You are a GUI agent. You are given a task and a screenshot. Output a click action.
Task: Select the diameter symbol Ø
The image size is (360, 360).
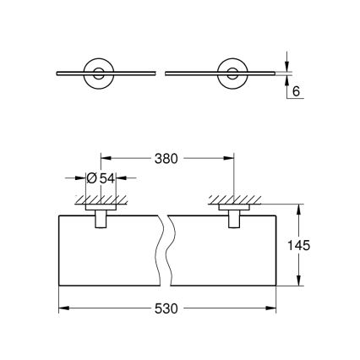pos(91,178)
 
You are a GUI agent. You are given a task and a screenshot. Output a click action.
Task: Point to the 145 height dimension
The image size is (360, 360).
pos(309,245)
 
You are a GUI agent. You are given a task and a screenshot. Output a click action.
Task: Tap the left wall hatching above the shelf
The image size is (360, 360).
pos(100,200)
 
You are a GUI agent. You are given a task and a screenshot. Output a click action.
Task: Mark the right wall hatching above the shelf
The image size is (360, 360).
pos(232,200)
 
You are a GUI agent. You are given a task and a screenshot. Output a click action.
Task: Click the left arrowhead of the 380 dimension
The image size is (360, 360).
pos(105,158)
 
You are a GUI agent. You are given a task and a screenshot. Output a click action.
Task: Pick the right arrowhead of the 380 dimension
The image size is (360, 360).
pos(228,158)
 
